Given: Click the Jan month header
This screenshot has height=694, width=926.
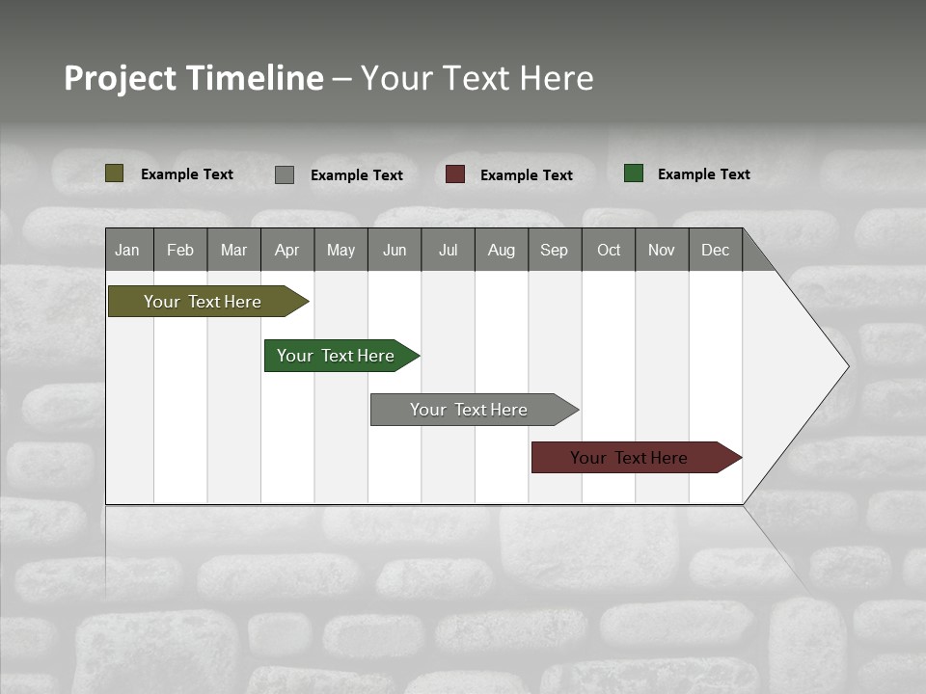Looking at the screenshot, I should [127, 250].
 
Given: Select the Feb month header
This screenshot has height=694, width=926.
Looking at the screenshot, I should [180, 250].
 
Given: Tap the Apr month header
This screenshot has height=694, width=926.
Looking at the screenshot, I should [286, 250].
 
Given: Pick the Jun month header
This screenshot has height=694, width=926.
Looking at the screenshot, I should [395, 250].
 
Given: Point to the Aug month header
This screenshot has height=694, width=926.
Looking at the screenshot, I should [501, 250].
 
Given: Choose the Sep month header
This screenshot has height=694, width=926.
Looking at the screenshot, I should [554, 250].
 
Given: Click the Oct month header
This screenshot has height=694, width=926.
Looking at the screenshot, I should [609, 250].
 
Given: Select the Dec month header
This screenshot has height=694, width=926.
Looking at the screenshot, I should [715, 250].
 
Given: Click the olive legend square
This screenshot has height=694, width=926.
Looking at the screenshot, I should [115, 173].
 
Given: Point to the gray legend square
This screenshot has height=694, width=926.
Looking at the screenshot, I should [285, 174].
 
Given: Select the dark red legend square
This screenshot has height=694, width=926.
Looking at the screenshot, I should [455, 174].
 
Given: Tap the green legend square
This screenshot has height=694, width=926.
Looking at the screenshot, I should [634, 173].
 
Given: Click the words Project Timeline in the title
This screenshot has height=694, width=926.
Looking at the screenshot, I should [194, 78].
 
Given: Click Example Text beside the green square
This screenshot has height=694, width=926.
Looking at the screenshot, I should [703, 174].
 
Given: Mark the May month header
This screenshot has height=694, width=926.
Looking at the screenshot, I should [340, 250].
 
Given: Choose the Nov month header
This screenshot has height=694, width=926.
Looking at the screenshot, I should [662, 250].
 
